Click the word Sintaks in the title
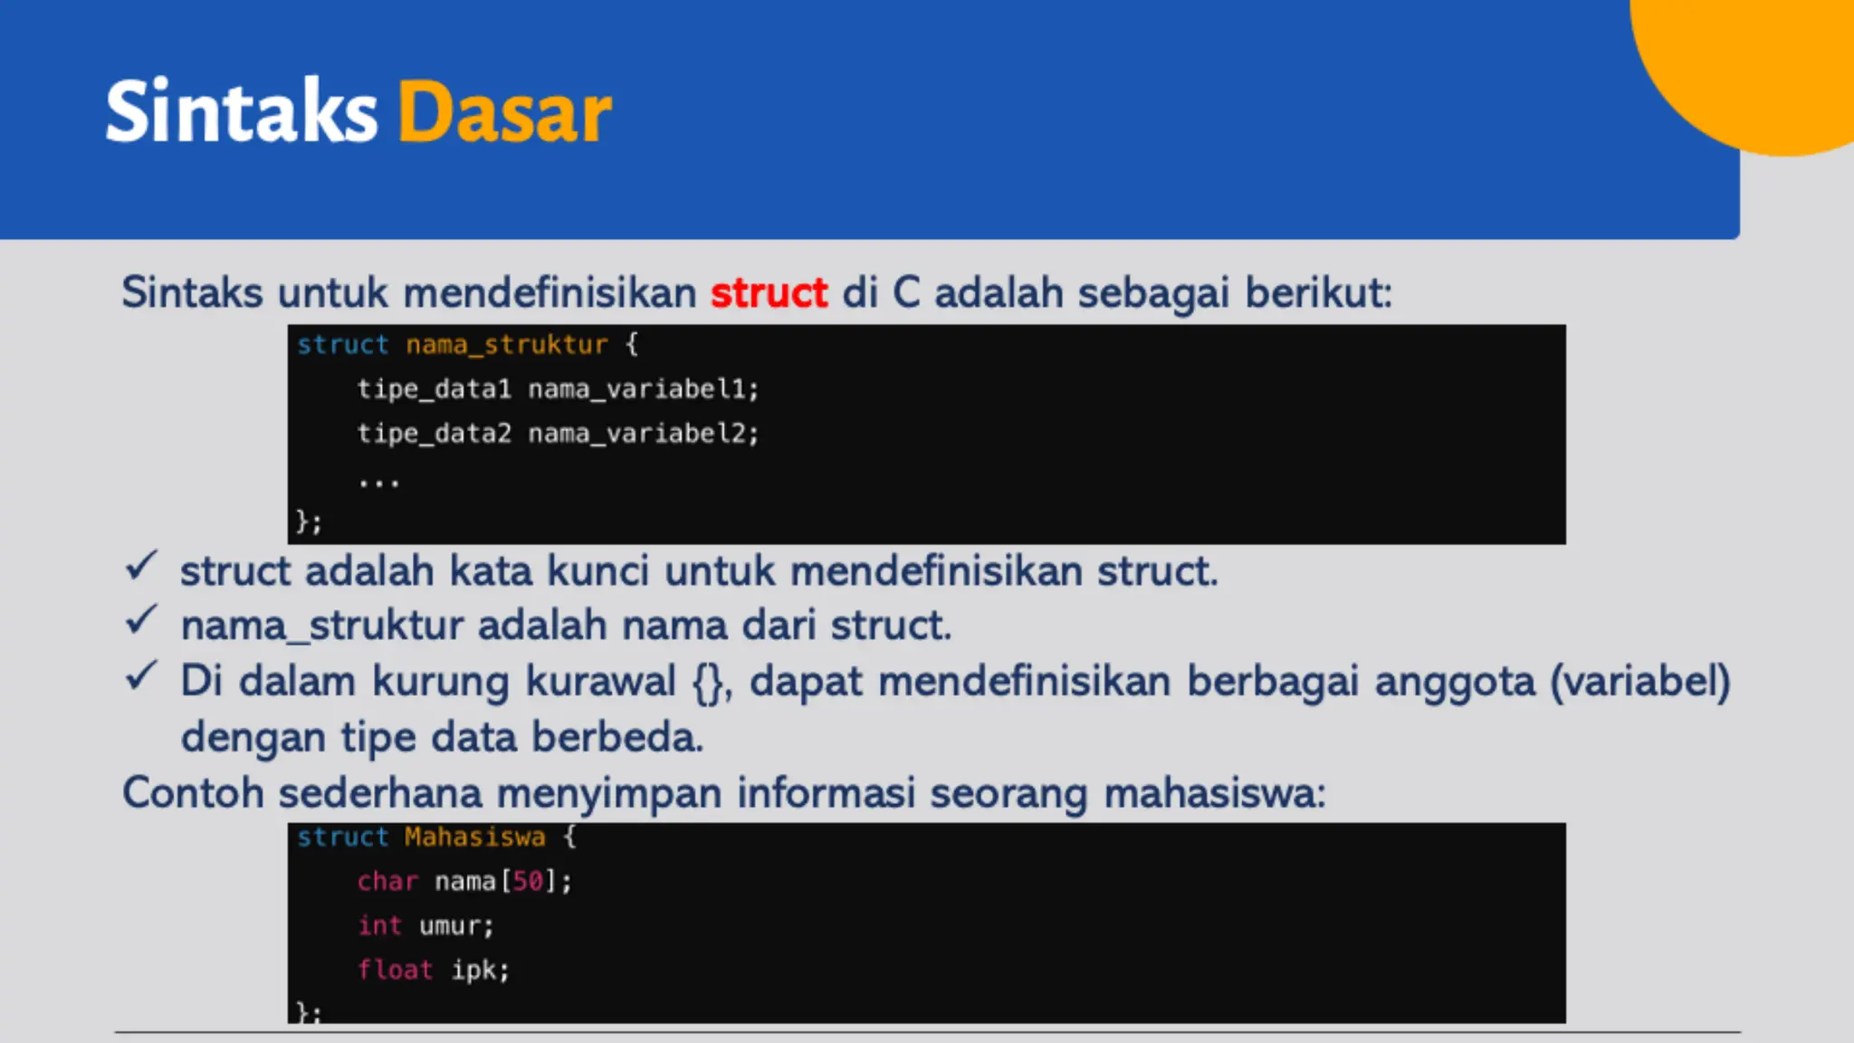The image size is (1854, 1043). coord(241,112)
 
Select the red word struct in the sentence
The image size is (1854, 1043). coord(769,293)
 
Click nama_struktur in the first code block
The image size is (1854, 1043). coord(506,345)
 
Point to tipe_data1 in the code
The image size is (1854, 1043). coord(435,389)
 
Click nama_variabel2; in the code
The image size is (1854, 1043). coord(644,434)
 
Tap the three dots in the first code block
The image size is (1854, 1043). coord(378,483)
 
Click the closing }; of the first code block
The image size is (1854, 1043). coord(309,522)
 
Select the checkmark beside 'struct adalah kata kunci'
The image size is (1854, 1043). coord(142,567)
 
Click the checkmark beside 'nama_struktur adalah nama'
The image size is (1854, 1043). coord(142,621)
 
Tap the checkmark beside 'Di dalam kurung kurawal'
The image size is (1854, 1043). coord(142,676)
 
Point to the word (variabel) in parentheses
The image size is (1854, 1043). coord(1640,682)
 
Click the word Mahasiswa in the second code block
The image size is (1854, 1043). coord(474,837)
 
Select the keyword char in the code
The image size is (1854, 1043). coord(387,882)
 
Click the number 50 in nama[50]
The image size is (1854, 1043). coord(528,882)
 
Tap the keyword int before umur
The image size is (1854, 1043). coord(379,926)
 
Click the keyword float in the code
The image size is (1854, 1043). coord(395,971)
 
